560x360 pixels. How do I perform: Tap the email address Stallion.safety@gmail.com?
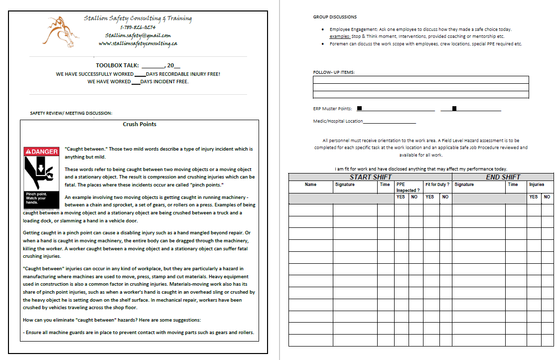[138, 35]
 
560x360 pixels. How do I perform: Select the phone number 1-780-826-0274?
[138, 27]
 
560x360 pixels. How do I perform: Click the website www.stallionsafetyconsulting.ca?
[138, 43]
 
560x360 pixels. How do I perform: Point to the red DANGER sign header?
[41, 151]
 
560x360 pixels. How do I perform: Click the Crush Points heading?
[140, 124]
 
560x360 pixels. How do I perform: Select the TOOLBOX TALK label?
[118, 65]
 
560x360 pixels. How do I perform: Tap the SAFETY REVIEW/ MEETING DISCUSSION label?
[71, 113]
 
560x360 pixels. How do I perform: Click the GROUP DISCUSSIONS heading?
[335, 17]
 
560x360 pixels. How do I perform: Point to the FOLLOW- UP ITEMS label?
[334, 72]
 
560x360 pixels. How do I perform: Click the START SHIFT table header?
[371, 177]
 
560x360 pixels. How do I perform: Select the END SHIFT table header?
[503, 177]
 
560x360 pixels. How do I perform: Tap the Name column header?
[310, 184]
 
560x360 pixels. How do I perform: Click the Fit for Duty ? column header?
[437, 184]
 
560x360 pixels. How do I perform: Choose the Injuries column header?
[537, 184]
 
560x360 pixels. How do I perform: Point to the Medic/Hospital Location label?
[338, 121]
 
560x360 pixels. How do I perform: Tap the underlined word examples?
[340, 36]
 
